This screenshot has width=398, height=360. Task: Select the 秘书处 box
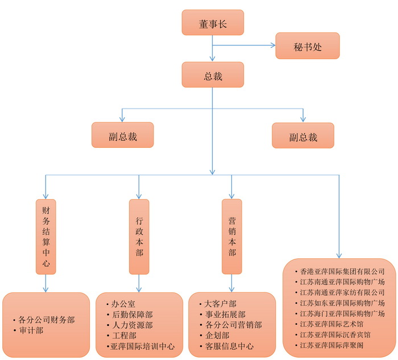[x=307, y=46]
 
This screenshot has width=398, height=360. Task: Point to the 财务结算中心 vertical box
[x=46, y=236]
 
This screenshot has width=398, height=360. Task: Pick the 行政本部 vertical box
[x=139, y=236]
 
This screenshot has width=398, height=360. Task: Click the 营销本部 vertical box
[x=232, y=236]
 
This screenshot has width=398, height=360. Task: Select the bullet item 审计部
[x=32, y=330]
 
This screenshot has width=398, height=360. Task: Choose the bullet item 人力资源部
[x=132, y=325]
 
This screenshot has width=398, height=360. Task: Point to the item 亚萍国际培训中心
[x=142, y=345]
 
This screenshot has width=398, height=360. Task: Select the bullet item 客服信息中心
[x=229, y=345]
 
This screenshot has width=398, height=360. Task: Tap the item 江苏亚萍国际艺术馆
[x=333, y=324]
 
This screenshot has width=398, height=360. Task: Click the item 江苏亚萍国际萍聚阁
[x=333, y=345]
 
